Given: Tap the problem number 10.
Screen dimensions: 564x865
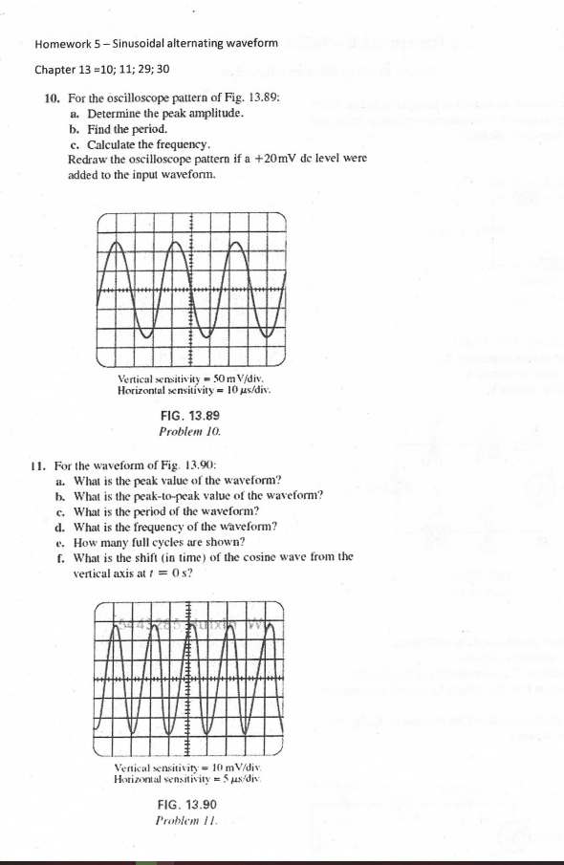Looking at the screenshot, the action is click(54, 98).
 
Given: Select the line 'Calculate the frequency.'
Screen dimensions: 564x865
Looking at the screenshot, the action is click(134, 144).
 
